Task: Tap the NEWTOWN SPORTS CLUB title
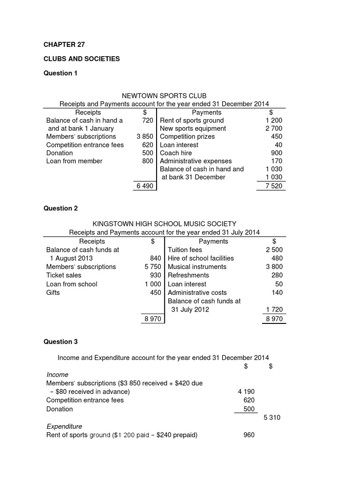pos(164,96)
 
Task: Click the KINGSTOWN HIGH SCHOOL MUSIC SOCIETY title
pos(164,224)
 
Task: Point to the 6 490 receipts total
pos(145,186)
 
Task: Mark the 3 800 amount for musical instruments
pos(274,267)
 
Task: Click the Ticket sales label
pos(64,275)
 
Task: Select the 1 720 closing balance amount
pos(274,309)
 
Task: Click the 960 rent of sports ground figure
pos(249,435)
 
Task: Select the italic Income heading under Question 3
pos(57,375)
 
